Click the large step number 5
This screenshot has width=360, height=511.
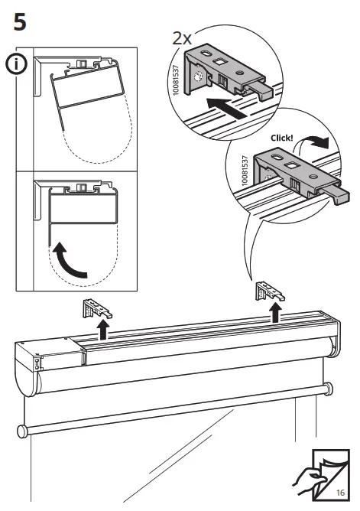pyautogui.click(x=20, y=22)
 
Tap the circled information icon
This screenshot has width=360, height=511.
pyautogui.click(x=16, y=64)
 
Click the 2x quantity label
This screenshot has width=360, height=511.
pyautogui.click(x=182, y=39)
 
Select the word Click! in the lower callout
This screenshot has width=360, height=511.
pyautogui.click(x=282, y=138)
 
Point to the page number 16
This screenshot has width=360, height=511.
pyautogui.click(x=340, y=492)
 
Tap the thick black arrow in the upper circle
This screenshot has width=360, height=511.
pyautogui.click(x=227, y=109)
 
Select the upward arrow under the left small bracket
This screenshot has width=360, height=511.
pyautogui.click(x=103, y=330)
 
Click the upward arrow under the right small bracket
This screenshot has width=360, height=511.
pyautogui.click(x=276, y=313)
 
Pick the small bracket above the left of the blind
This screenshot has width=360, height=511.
pyautogui.click(x=97, y=308)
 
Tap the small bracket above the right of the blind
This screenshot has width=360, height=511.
pyautogui.click(x=270, y=291)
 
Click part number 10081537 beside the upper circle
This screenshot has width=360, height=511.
pyautogui.click(x=176, y=80)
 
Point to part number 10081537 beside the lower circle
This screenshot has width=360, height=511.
pyautogui.click(x=245, y=171)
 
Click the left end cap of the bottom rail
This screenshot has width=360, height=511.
pyautogui.click(x=23, y=431)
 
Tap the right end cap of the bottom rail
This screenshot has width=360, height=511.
pyautogui.click(x=328, y=389)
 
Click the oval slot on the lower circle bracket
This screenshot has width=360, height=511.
pyautogui.click(x=277, y=158)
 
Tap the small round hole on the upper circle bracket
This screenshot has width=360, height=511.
pyautogui.click(x=239, y=73)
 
